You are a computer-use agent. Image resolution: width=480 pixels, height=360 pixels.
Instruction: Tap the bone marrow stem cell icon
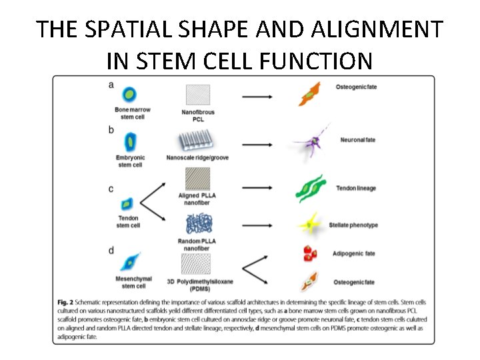130,95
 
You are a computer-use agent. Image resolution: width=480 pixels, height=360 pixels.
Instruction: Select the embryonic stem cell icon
131,141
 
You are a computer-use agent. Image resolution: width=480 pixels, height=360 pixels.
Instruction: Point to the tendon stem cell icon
126,203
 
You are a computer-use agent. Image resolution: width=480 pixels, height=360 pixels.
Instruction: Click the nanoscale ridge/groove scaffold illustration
199,141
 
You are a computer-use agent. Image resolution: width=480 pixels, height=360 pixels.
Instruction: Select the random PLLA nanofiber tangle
197,223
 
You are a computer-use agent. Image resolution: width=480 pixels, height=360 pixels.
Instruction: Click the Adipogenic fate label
353,253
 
